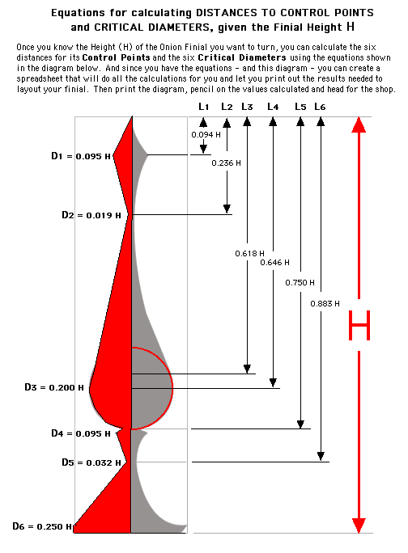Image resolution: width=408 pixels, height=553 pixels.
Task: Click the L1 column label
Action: coord(203,107)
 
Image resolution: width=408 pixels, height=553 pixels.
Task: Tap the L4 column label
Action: coord(273,107)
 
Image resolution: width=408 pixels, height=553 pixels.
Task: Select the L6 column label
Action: coord(320,107)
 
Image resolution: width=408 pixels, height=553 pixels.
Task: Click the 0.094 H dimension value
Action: coord(206,134)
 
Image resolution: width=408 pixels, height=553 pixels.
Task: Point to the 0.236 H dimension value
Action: coord(226,163)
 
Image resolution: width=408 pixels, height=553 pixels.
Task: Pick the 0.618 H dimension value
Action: coord(250,253)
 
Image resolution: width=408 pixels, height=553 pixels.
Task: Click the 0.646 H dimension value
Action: coord(274,263)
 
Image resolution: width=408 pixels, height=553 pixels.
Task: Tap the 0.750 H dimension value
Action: coord(300,282)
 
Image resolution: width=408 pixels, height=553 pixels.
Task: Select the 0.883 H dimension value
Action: coord(325,304)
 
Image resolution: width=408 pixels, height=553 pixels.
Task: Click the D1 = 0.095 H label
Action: coord(81,156)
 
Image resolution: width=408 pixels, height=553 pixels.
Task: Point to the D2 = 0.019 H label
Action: coord(91,215)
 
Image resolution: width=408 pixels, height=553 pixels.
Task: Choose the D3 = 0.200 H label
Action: coord(54,387)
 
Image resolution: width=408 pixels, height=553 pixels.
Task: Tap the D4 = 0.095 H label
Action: coord(81,433)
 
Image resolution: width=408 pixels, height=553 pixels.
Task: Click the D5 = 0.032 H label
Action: coord(91,462)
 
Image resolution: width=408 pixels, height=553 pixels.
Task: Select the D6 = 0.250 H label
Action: coord(42,526)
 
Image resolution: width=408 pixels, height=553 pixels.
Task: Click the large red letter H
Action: coord(359,325)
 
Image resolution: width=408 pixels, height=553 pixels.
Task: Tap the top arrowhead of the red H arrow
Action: coord(359,125)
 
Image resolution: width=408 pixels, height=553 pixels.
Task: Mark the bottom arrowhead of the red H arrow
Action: coord(359,526)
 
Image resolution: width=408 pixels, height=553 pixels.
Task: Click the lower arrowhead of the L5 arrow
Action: coord(300,424)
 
